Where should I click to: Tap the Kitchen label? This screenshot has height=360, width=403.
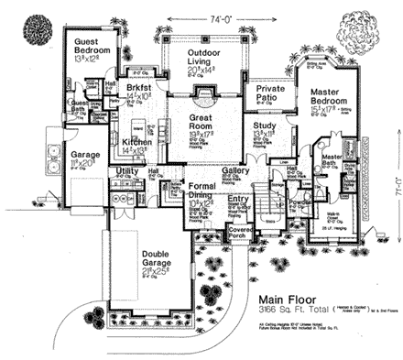coord(136,144)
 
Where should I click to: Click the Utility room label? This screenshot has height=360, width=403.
coord(126,171)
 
